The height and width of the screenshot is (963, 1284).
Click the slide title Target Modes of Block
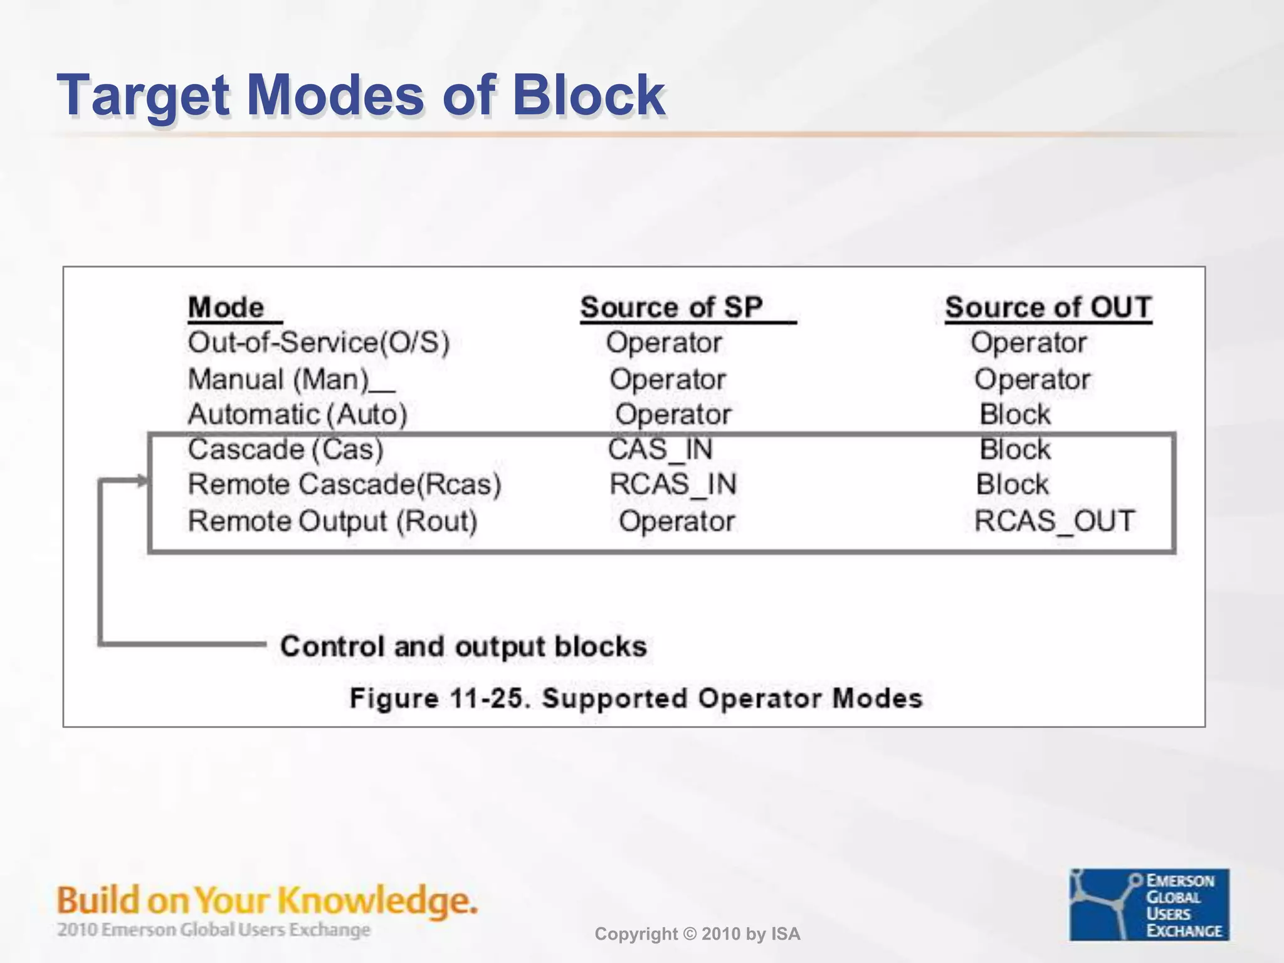(x=360, y=95)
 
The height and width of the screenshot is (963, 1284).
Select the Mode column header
(x=227, y=307)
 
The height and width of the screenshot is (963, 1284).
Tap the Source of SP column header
(x=671, y=307)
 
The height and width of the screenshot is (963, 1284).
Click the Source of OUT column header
(x=1048, y=307)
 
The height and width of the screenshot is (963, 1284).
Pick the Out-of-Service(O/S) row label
(x=318, y=343)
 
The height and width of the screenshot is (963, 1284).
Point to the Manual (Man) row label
(x=278, y=379)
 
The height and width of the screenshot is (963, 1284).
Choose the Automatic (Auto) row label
(x=297, y=414)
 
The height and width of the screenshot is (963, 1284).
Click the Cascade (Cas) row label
(x=285, y=450)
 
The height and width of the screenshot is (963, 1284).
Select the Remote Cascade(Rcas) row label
(x=344, y=485)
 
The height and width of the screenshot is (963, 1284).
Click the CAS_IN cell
(x=660, y=450)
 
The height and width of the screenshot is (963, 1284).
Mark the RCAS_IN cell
(x=673, y=485)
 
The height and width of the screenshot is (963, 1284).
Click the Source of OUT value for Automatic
(x=1014, y=414)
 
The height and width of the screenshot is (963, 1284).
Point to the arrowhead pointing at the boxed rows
(x=144, y=481)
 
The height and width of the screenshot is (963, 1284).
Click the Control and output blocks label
(x=463, y=646)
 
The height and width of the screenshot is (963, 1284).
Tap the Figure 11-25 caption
(x=636, y=698)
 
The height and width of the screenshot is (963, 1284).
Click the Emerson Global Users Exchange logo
(x=1149, y=904)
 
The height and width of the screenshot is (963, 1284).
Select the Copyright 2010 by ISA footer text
(x=697, y=934)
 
